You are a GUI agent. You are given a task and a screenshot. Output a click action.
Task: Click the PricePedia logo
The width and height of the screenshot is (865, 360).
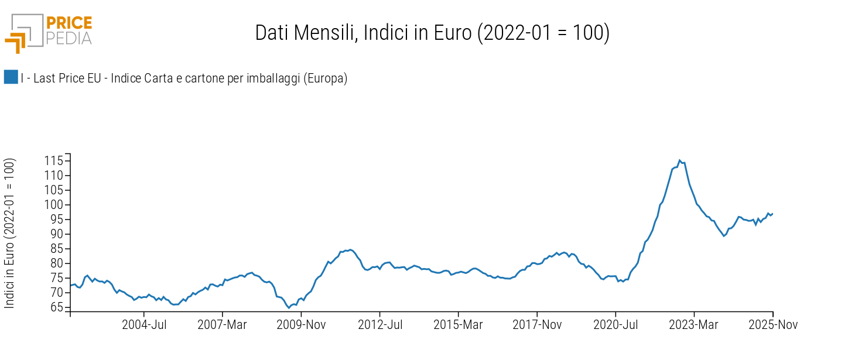point(49,32)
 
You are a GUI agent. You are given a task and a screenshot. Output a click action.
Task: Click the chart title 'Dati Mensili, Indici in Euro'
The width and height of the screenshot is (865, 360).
point(432,33)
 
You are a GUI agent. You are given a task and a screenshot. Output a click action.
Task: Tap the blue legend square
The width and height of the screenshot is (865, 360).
point(11,77)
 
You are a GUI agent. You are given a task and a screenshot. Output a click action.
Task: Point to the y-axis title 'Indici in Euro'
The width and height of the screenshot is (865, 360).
point(10,232)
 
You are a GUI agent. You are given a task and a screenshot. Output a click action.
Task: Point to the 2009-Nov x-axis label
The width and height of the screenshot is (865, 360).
point(302,325)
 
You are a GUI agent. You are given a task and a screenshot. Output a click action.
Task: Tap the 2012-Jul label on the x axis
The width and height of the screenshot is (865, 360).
point(380,325)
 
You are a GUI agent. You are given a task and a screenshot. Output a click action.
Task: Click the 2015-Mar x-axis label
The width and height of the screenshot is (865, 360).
point(458,325)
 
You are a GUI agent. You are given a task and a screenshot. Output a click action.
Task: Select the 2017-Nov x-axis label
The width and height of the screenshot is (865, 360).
point(537,325)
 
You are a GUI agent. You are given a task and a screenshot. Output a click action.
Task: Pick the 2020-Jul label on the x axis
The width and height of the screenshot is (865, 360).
point(616,325)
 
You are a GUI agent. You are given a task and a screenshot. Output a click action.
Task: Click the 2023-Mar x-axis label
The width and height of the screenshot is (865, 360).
point(694,325)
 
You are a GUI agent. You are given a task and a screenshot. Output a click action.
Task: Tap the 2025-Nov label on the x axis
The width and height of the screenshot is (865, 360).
point(772,325)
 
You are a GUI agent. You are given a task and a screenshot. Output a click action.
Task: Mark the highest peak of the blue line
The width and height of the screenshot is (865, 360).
point(679,160)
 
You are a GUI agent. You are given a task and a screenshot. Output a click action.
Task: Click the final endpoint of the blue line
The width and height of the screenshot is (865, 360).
point(772,214)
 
